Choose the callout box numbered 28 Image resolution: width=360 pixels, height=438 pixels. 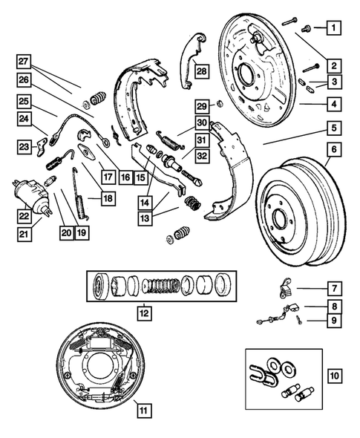tap(202, 71)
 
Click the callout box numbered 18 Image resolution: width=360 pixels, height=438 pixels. tap(108, 198)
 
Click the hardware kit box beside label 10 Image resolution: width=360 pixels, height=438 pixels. tap(279, 378)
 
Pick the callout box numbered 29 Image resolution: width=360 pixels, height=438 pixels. tap(201, 105)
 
